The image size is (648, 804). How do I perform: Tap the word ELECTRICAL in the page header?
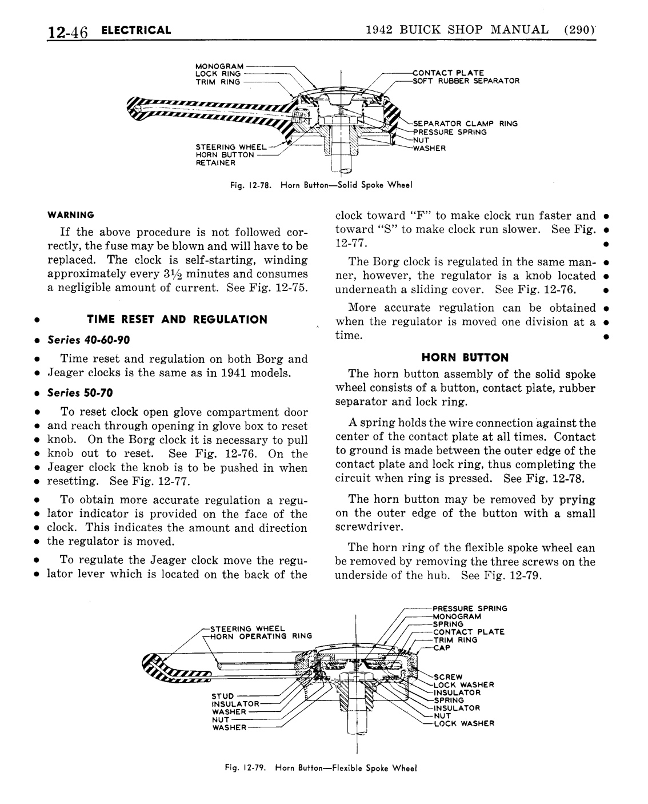(x=136, y=30)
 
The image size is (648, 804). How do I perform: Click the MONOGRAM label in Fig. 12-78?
(x=219, y=66)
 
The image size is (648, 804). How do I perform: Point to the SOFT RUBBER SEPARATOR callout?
(x=466, y=81)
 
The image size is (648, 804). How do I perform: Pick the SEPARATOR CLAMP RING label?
(x=465, y=124)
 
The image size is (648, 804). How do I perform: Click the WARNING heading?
(x=71, y=215)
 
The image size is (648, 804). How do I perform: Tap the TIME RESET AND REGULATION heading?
(x=177, y=320)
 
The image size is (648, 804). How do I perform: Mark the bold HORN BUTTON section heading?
(x=465, y=358)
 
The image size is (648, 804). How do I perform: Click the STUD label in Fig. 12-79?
(x=223, y=696)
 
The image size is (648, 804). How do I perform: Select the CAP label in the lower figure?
(x=442, y=648)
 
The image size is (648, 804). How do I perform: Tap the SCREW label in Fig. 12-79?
(x=448, y=677)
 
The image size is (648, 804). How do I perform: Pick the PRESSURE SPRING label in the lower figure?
(x=470, y=608)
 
